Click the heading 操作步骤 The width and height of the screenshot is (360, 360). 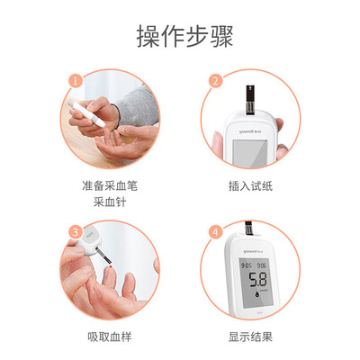click(x=184, y=37)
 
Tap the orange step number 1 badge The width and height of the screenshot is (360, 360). click(x=76, y=81)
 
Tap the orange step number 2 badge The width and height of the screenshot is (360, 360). click(x=215, y=81)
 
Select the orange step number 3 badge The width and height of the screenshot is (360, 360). click(x=76, y=232)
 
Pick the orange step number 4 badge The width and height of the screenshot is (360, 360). click(x=215, y=232)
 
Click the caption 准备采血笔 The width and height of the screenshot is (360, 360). click(x=110, y=186)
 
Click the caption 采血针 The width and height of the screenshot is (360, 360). click(x=110, y=202)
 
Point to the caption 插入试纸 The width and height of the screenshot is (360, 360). click(x=250, y=186)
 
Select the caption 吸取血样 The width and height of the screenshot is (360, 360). click(x=110, y=337)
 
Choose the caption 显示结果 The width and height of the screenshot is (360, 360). click(x=250, y=337)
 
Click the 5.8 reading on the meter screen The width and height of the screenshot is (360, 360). click(x=257, y=280)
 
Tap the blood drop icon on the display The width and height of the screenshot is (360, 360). click(x=257, y=295)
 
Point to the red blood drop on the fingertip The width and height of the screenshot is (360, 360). click(x=112, y=266)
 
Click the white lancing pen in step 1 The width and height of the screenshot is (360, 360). click(x=86, y=113)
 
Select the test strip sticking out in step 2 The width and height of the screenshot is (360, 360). click(x=250, y=100)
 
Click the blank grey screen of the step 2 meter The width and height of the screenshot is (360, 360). click(x=250, y=153)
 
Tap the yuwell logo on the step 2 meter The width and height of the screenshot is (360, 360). click(x=249, y=131)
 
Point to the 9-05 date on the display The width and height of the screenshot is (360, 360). click(x=247, y=265)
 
